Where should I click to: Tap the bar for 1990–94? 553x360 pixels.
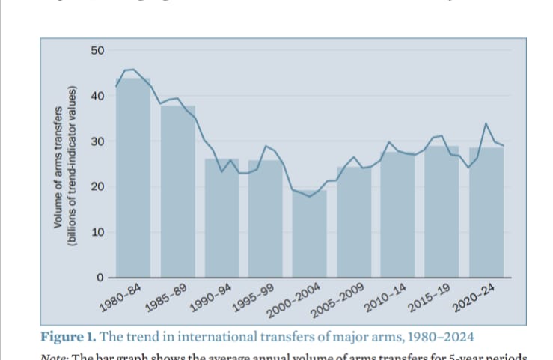pyautogui.click(x=222, y=218)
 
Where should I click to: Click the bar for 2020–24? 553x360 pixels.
pyautogui.click(x=486, y=213)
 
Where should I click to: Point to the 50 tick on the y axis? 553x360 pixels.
pyautogui.click(x=98, y=50)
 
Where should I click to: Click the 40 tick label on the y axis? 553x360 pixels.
pyautogui.click(x=98, y=96)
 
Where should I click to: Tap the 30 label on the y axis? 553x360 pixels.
pyautogui.click(x=98, y=141)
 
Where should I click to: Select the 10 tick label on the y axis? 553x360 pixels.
pyautogui.click(x=98, y=232)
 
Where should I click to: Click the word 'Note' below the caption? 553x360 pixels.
pyautogui.click(x=54, y=354)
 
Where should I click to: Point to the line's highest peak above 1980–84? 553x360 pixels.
pyautogui.click(x=132, y=69)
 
